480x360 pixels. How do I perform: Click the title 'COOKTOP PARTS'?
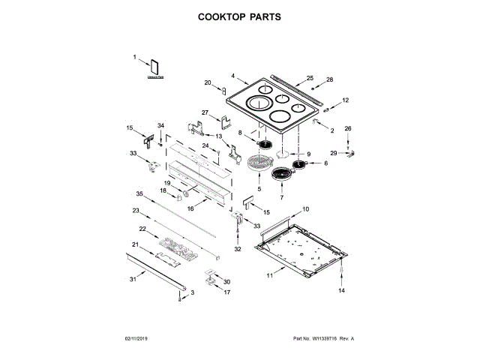(x=240, y=16)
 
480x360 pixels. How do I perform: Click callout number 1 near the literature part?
(x=136, y=57)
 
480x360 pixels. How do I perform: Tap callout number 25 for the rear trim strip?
(x=310, y=78)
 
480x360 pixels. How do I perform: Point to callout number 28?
(x=328, y=79)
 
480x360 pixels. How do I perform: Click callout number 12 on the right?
(x=346, y=100)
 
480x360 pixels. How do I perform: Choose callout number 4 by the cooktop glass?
(x=233, y=76)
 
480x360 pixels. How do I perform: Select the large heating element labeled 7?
(x=281, y=175)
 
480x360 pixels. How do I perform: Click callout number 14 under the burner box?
(x=340, y=289)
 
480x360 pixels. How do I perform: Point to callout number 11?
(x=269, y=276)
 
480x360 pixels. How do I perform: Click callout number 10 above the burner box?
(x=305, y=208)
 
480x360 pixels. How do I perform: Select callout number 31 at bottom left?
(x=133, y=280)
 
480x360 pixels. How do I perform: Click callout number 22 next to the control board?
(x=142, y=228)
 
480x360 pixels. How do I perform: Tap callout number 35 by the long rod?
(x=139, y=194)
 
